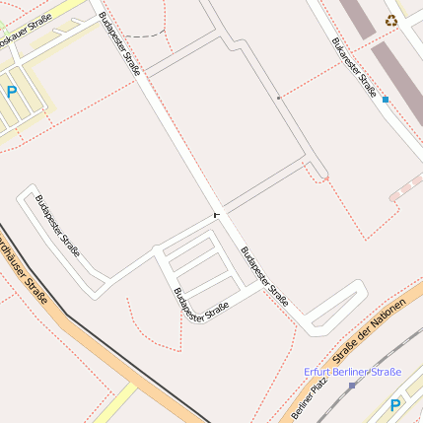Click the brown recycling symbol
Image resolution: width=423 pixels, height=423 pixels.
(x=391, y=19)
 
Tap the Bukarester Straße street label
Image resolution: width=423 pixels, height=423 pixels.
(x=353, y=68)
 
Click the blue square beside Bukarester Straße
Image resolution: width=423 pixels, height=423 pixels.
(x=385, y=100)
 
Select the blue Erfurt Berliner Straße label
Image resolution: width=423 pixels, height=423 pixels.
(x=352, y=372)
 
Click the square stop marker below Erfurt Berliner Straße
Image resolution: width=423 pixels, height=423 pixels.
(x=351, y=385)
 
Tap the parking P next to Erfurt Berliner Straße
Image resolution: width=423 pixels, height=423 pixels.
(x=395, y=404)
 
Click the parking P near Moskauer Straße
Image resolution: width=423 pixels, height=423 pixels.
(x=12, y=92)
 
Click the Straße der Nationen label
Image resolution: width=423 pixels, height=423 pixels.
(x=369, y=332)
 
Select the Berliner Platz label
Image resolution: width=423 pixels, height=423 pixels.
(x=309, y=399)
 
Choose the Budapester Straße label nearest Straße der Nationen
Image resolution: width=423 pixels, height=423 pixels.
(x=265, y=276)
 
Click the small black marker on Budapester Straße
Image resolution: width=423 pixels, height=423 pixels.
(x=215, y=213)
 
